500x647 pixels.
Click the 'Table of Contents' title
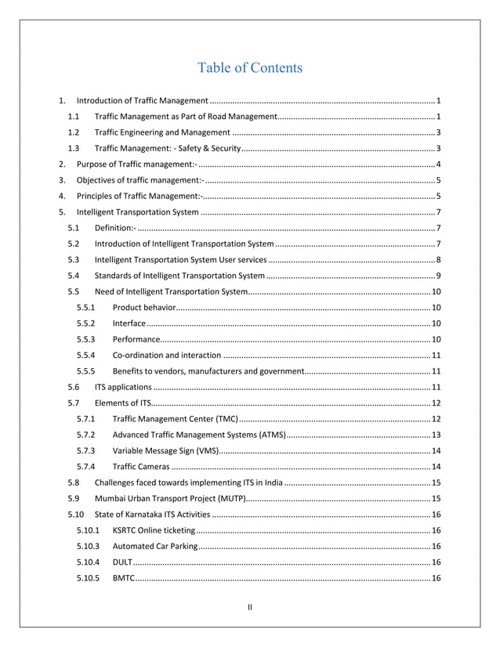[249, 68]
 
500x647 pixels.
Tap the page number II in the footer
[249, 606]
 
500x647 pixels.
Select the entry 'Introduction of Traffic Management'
[142, 102]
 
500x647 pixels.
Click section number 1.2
[74, 132]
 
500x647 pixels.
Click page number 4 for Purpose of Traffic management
[438, 164]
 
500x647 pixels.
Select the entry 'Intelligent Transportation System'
[137, 212]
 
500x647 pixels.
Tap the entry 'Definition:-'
[114, 228]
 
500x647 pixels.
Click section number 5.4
[74, 276]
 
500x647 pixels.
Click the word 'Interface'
[129, 323]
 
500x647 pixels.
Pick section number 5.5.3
[86, 339]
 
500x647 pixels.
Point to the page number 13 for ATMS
[436, 435]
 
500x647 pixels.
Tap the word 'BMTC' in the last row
[123, 578]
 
